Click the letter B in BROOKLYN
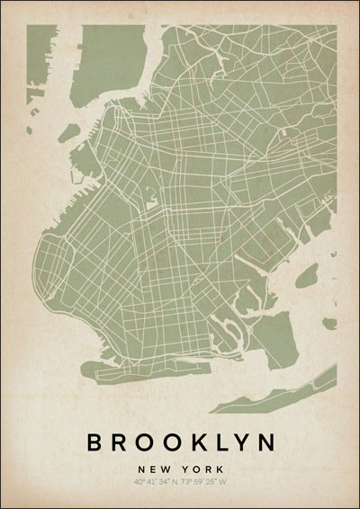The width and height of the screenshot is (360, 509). point(94,442)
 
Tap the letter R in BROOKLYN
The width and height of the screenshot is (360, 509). point(119,442)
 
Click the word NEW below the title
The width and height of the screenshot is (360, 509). point(153,469)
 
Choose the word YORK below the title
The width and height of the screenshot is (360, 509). point(202,469)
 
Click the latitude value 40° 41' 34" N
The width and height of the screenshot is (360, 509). point(155,482)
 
